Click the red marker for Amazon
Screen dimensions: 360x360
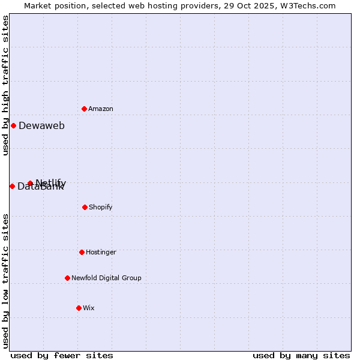pyautogui.click(x=84, y=109)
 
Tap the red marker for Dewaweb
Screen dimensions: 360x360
pyautogui.click(x=13, y=125)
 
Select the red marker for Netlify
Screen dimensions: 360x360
pyautogui.click(x=30, y=183)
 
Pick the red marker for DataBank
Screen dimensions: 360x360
pyautogui.click(x=12, y=186)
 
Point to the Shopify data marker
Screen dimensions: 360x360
pyautogui.click(x=85, y=207)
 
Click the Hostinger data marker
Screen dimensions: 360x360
pyautogui.click(x=82, y=252)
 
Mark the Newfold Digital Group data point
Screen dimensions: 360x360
pyautogui.click(x=67, y=278)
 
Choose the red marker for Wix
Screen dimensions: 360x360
pyautogui.click(x=79, y=308)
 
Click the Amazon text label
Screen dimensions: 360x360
pyautogui.click(x=101, y=109)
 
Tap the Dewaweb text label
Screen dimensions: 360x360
pyautogui.click(x=41, y=126)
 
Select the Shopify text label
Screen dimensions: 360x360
pyautogui.click(x=101, y=208)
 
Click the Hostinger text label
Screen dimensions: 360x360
pyautogui.click(x=101, y=253)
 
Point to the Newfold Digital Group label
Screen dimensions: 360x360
pyautogui.click(x=106, y=278)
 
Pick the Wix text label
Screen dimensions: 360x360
pyautogui.click(x=89, y=308)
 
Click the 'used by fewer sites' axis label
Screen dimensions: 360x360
pyautogui.click(x=62, y=355)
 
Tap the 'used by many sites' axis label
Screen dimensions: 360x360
pyautogui.click(x=301, y=355)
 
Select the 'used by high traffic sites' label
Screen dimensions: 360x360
pyautogui.click(x=5, y=85)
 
